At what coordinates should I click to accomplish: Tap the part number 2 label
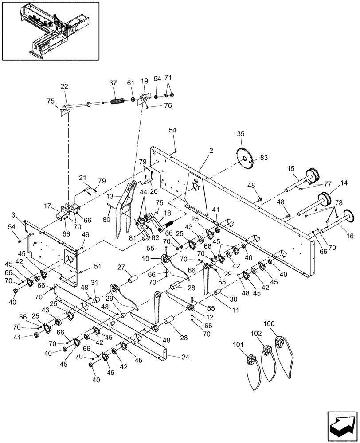tap(211, 151)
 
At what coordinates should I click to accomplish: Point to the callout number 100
tap(269, 324)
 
